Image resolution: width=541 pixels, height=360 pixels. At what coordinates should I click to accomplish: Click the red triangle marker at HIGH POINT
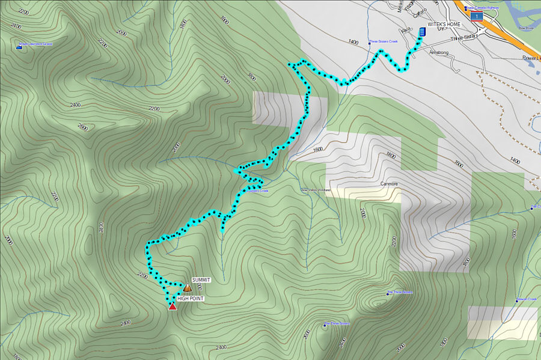tap(173, 307)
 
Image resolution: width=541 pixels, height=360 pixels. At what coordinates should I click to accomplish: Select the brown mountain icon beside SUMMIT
tap(187, 288)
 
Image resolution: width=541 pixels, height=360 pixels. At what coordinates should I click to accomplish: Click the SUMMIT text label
tap(201, 280)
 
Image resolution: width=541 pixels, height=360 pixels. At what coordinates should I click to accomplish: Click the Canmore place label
tap(390, 183)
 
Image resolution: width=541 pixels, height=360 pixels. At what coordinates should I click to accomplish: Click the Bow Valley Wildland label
tap(316, 190)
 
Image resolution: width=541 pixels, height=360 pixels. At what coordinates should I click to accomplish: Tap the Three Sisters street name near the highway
tap(466, 36)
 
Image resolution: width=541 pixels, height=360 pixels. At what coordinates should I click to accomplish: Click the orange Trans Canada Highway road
tap(505, 36)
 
